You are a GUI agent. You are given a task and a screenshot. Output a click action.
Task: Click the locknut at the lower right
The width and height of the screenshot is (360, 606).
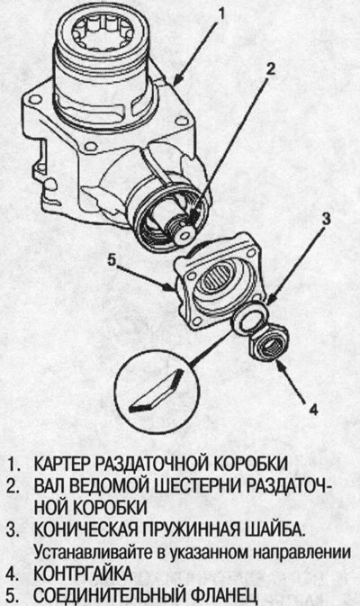266,340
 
